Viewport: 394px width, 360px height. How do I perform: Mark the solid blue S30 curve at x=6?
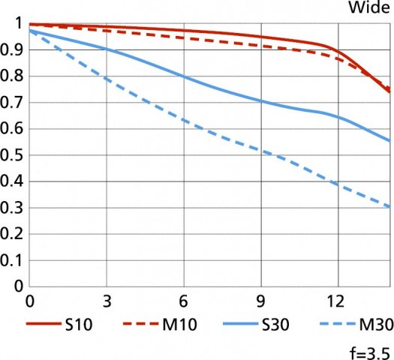click(x=183, y=76)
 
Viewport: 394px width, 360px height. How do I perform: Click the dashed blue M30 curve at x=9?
click(x=260, y=152)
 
